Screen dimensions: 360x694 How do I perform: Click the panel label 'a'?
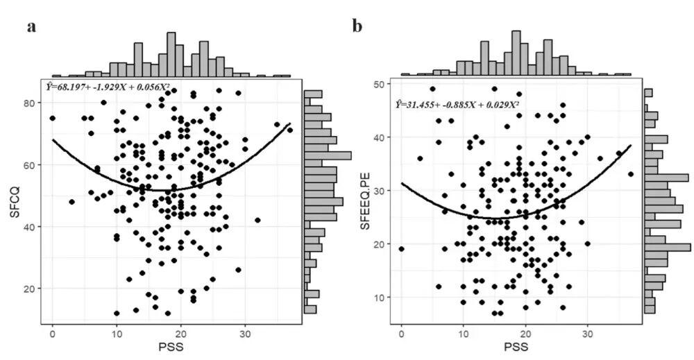(31, 27)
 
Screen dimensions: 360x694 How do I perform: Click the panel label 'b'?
(357, 27)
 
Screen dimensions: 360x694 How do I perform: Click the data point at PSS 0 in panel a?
(53, 119)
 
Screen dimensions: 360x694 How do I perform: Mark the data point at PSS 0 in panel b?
(402, 249)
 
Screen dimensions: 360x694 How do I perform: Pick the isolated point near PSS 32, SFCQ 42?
(257, 220)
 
